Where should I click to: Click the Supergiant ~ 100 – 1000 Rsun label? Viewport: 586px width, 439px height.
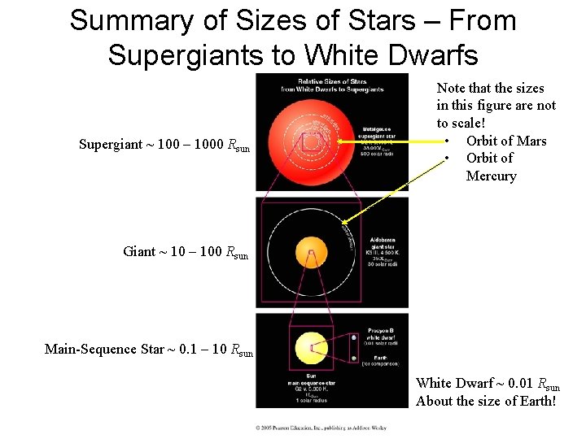[x=164, y=146]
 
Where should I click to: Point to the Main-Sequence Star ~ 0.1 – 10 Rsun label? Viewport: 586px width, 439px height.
[x=149, y=350]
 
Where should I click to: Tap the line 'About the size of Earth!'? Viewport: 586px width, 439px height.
[x=486, y=400]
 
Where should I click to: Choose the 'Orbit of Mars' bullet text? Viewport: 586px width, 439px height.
[x=506, y=141]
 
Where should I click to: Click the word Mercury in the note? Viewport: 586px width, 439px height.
[x=491, y=176]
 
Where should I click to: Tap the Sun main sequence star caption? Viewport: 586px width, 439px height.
[x=310, y=389]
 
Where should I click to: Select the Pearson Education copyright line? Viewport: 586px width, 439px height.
[x=321, y=427]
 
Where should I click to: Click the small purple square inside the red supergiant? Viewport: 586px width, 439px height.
[x=312, y=142]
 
